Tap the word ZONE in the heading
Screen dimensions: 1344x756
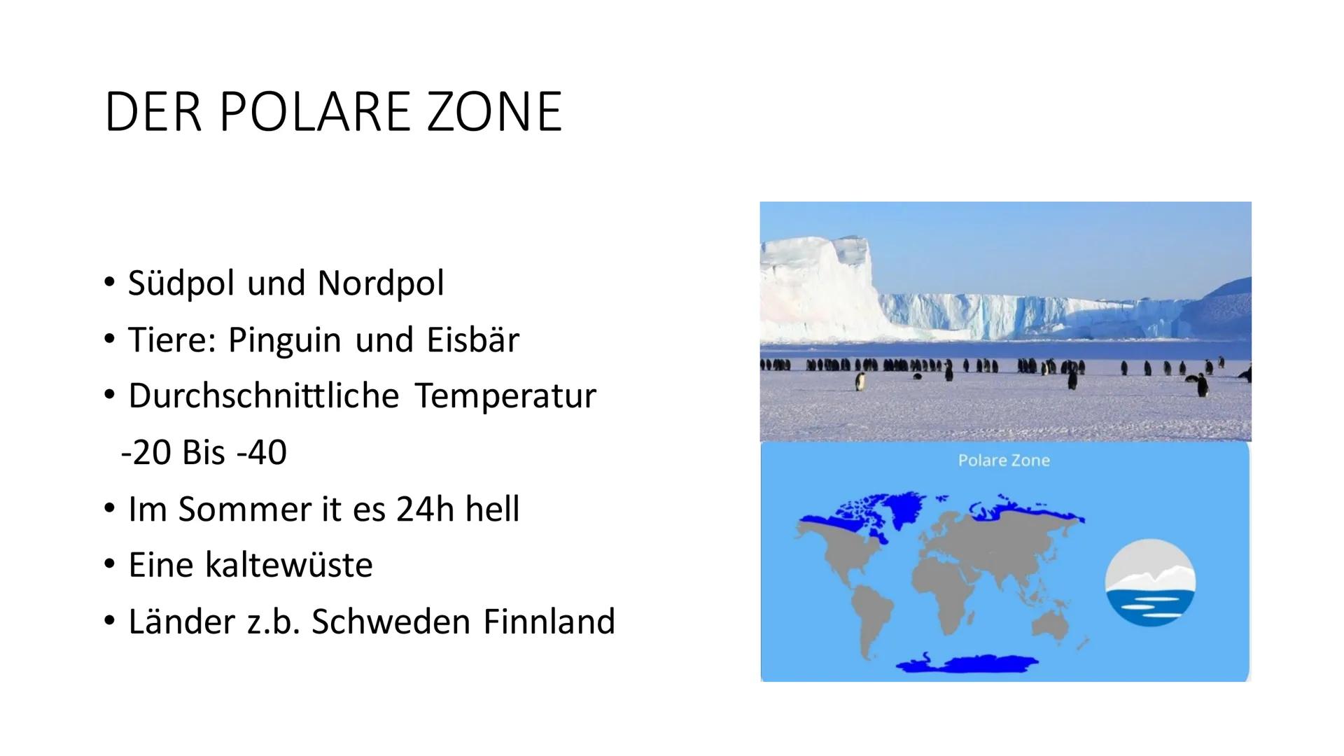[x=494, y=111]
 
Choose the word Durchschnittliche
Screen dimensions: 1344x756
[x=264, y=396]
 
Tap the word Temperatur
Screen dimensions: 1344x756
[x=505, y=397]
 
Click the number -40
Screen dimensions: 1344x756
[x=262, y=453]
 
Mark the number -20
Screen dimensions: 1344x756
[x=146, y=453]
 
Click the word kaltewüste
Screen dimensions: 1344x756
[x=288, y=565]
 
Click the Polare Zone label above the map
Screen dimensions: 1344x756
[x=1004, y=461]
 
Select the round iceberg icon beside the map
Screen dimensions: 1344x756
[x=1150, y=582]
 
